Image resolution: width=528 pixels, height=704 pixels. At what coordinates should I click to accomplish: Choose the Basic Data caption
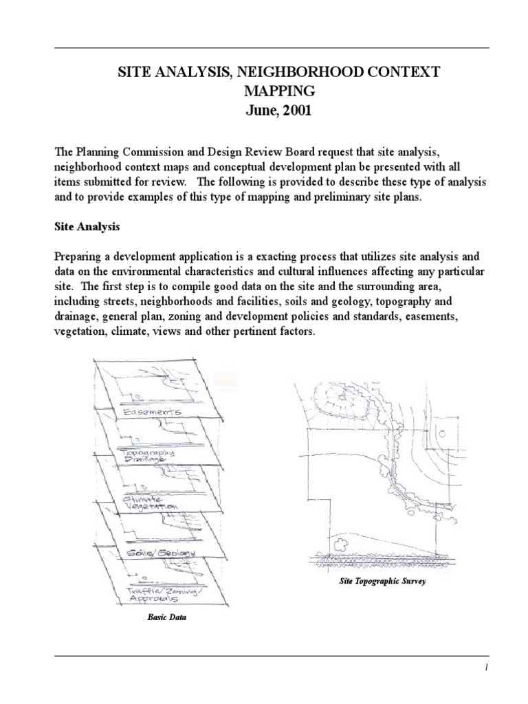(x=167, y=617)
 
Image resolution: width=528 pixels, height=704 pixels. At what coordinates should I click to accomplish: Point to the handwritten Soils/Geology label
(x=162, y=553)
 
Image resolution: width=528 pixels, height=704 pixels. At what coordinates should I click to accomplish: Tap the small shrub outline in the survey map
(x=339, y=544)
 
